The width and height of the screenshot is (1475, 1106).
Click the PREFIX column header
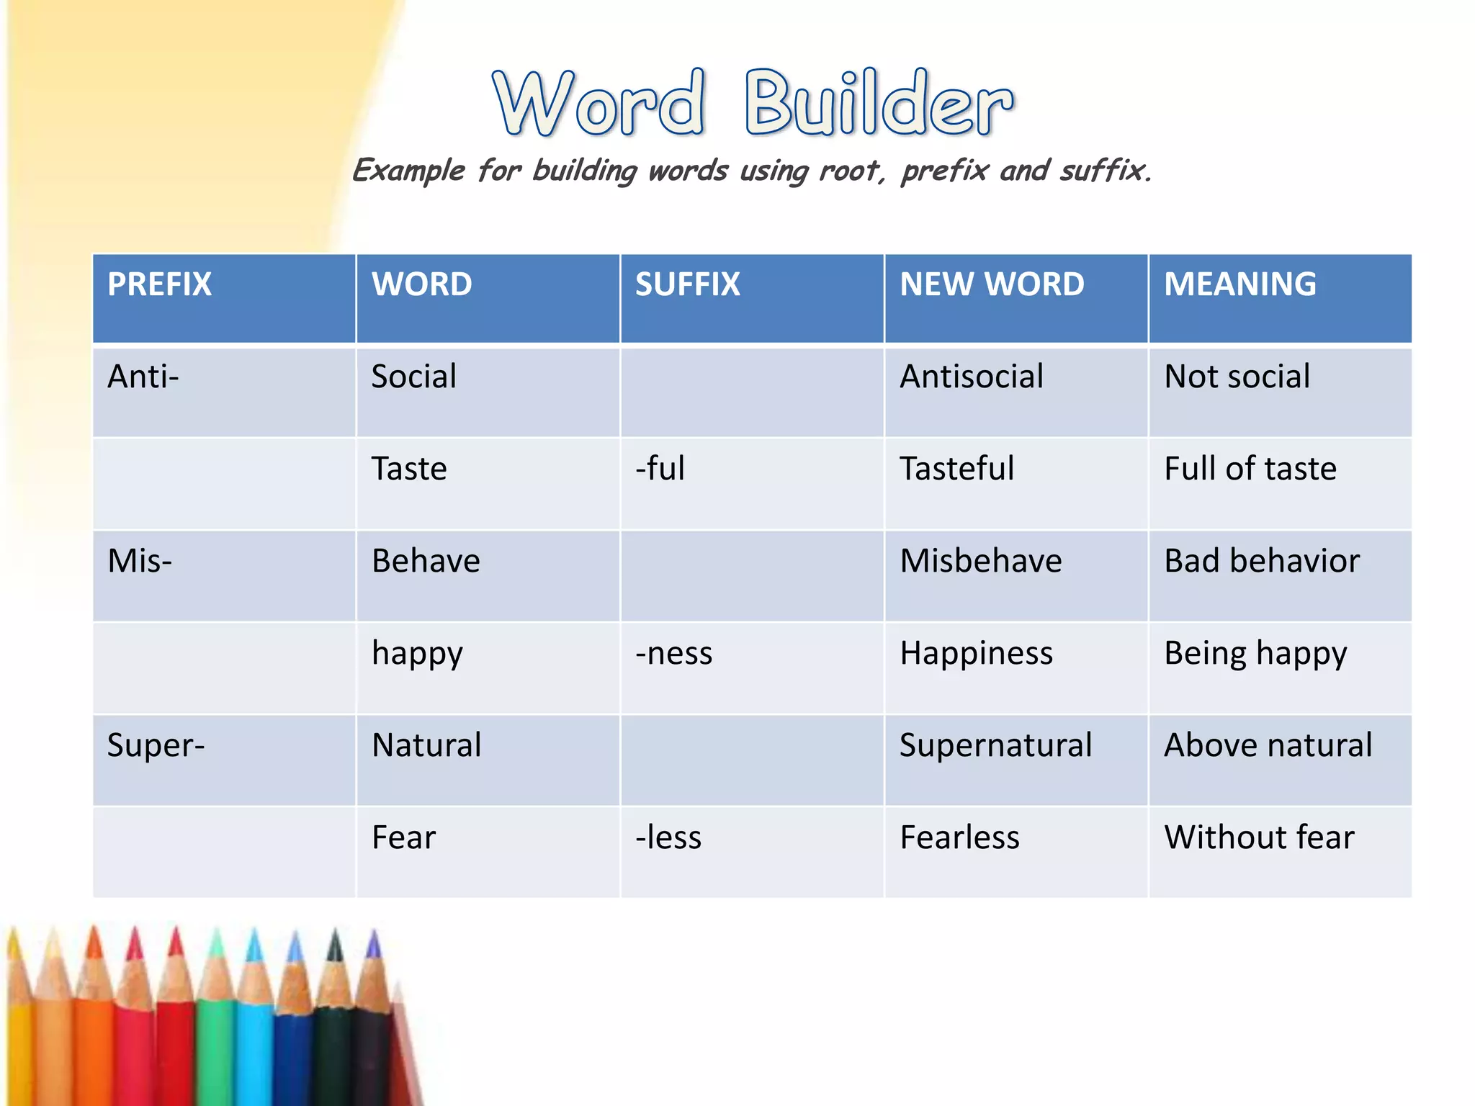159,284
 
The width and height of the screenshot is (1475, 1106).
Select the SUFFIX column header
687,284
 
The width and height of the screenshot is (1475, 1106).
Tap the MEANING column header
1239,284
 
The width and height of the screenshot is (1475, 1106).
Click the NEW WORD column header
991,284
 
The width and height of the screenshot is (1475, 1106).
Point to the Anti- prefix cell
143,377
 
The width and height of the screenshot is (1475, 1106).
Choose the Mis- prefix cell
140,561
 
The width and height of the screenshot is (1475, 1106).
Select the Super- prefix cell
156,745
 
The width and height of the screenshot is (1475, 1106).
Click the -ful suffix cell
660,469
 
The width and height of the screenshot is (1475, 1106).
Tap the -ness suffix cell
673,653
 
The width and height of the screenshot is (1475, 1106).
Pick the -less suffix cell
668,837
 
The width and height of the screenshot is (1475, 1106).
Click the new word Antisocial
971,377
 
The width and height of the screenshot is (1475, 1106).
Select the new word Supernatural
995,745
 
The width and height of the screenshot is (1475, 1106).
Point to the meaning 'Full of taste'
1250,469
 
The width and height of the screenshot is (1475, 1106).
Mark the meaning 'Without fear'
1259,837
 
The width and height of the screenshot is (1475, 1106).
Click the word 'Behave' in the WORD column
426,561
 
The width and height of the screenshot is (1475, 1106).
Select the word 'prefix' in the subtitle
944,171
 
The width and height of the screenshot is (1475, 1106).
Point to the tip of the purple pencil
373,936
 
